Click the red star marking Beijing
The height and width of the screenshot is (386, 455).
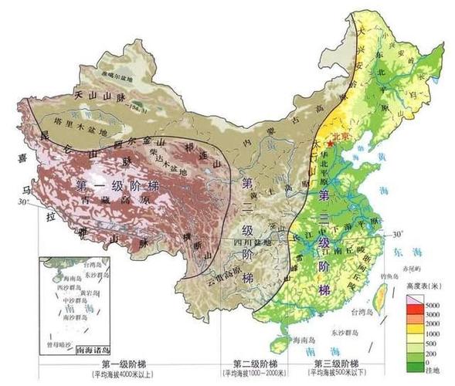330,144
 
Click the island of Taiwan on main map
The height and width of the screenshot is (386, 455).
380,297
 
